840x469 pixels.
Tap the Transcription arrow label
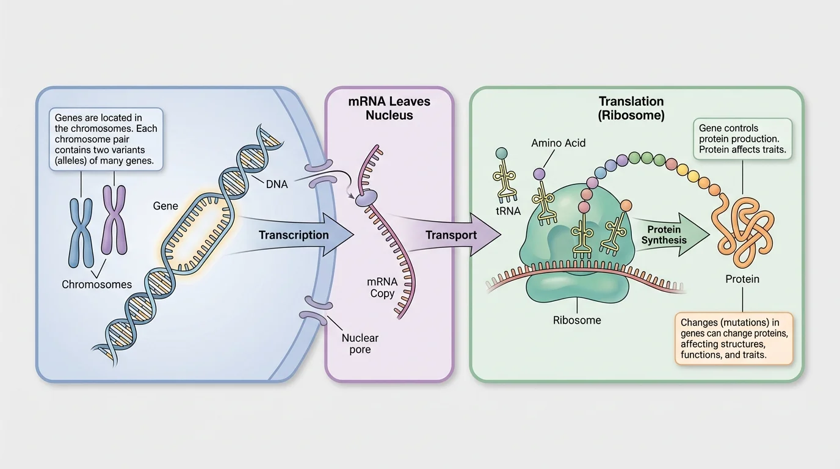pos(294,235)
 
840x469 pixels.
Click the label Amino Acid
pos(558,143)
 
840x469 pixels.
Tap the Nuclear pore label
pos(360,343)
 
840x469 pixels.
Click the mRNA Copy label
pos(383,288)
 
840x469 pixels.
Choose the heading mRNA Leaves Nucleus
pos(389,108)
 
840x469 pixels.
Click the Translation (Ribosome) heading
pos(631,108)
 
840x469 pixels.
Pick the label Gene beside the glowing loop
pos(165,206)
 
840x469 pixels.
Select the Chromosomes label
pos(96,285)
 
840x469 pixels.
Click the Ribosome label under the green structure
pos(577,320)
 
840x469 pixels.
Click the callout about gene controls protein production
pos(742,139)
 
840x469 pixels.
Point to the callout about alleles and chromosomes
pos(106,139)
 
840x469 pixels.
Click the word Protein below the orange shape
pos(742,279)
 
